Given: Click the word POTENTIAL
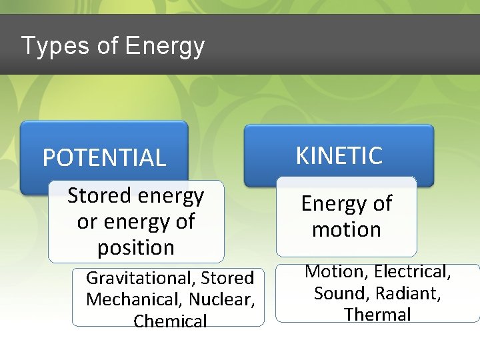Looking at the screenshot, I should tap(104, 158).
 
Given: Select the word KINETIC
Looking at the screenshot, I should tap(339, 155).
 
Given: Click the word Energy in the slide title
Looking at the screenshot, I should tap(165, 46).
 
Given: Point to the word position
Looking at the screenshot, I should tap(136, 247).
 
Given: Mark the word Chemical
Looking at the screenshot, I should tap(170, 321).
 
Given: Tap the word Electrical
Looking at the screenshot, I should tap(413, 271).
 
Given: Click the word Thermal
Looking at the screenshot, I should tap(377, 314).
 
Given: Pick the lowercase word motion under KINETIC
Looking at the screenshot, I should tap(346, 229).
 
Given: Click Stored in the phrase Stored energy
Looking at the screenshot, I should tap(99, 195).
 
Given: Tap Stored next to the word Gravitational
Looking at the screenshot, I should tap(227, 277).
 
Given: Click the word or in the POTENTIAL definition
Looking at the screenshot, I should tap(87, 221).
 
